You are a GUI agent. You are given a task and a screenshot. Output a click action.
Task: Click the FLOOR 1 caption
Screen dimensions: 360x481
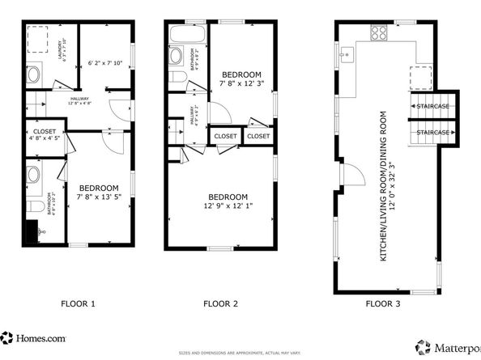pos(79,304)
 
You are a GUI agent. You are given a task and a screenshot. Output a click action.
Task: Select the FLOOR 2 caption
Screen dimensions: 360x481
pos(220,304)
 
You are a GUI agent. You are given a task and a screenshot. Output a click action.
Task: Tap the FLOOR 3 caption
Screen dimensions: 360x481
pos(384,304)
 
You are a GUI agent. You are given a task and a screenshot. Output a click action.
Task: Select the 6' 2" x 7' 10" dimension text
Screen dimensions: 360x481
pos(104,62)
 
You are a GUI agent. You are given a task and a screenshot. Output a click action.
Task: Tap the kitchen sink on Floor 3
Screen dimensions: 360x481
pos(346,55)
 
